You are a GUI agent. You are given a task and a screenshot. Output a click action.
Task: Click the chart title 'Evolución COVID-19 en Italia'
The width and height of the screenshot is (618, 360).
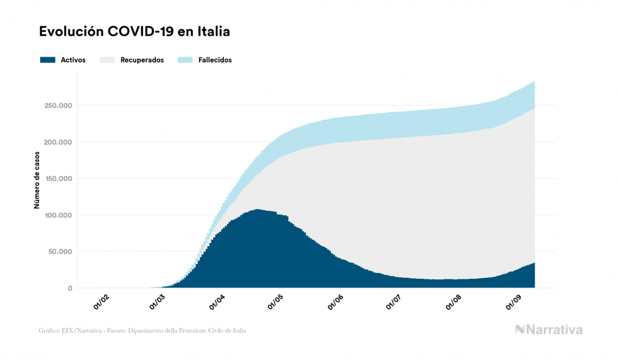pyautogui.click(x=135, y=32)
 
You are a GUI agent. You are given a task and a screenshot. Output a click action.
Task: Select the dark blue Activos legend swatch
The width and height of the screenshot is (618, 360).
pyautogui.click(x=48, y=60)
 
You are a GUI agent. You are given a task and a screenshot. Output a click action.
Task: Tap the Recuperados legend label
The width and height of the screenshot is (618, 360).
pyautogui.click(x=142, y=60)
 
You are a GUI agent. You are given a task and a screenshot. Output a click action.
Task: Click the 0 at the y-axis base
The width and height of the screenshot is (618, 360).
pyautogui.click(x=69, y=288)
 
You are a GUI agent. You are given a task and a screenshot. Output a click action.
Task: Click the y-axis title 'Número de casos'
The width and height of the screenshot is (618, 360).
pyautogui.click(x=37, y=183)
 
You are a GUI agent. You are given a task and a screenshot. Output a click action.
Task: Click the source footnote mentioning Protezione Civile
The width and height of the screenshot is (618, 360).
pyautogui.click(x=143, y=331)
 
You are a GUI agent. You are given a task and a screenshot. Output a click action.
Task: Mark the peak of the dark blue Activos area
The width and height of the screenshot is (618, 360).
pyautogui.click(x=257, y=210)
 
